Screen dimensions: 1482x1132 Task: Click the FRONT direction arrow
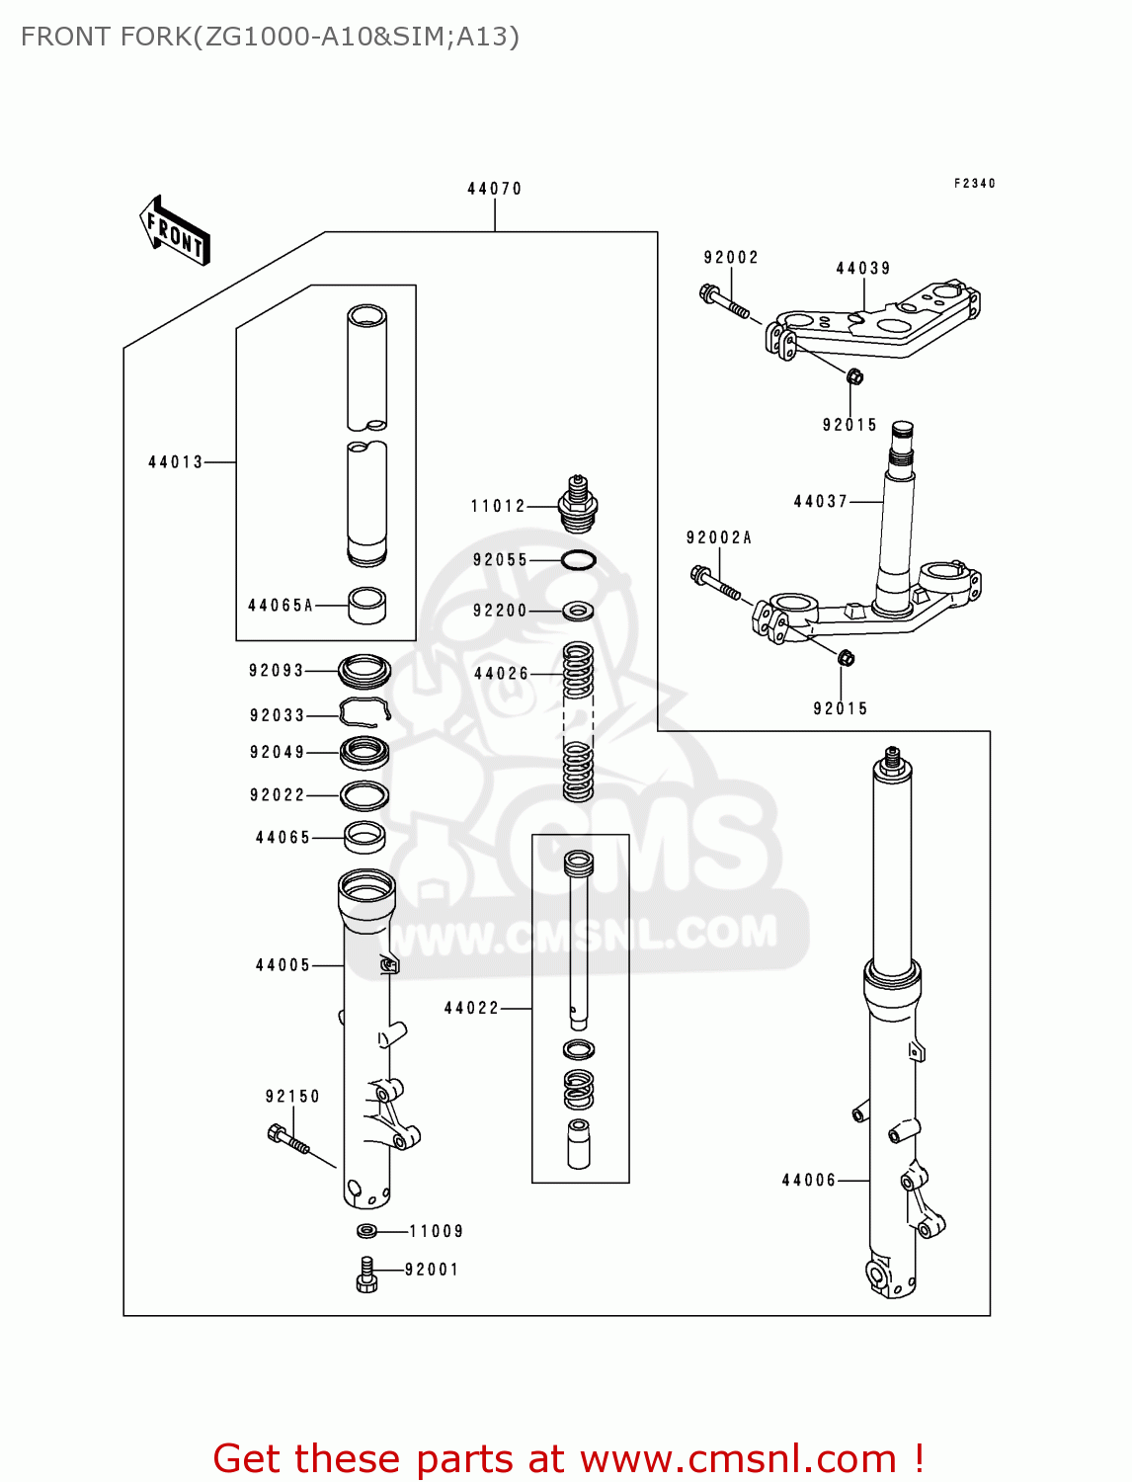[175, 231]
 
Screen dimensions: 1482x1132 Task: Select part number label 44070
[494, 189]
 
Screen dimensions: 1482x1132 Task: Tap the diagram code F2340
[974, 184]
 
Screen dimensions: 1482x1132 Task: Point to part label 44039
[862, 269]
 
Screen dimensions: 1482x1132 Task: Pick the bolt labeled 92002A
[715, 584]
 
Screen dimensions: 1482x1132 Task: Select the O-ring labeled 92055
[578, 560]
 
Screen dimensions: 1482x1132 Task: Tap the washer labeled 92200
[578, 611]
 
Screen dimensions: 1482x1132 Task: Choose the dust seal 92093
[364, 671]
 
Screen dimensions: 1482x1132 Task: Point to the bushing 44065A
[366, 605]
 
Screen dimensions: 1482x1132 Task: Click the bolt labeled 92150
[288, 1141]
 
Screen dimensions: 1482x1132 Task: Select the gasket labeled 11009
[366, 1231]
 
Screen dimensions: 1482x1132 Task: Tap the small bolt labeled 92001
[366, 1275]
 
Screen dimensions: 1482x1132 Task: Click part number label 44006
[808, 1180]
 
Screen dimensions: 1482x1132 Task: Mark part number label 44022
[471, 1008]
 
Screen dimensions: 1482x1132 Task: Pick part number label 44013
[175, 461]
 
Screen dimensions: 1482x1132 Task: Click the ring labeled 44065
[364, 837]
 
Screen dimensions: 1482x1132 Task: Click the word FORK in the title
[155, 37]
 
